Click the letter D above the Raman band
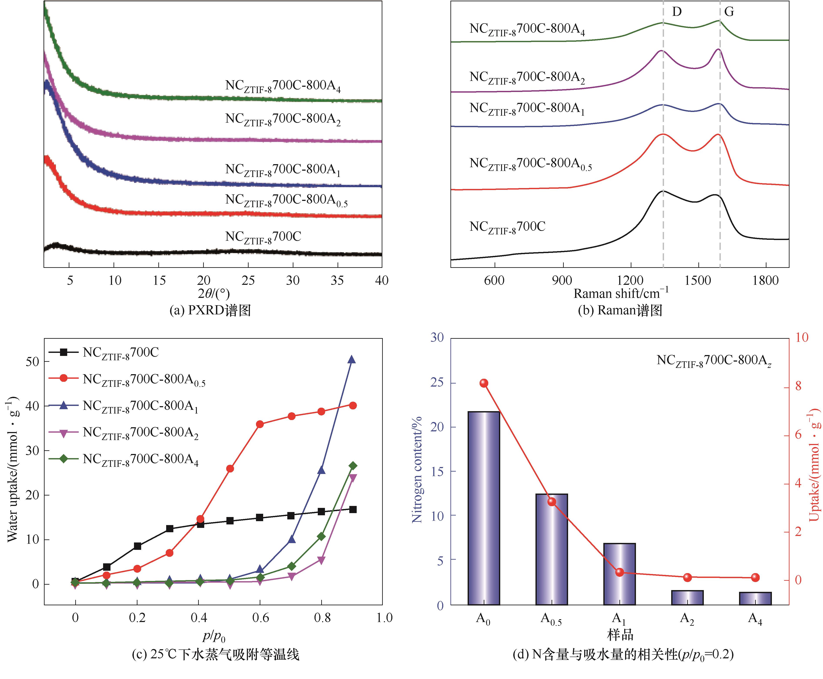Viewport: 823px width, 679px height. pos(677,12)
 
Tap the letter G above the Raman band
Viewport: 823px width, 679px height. pos(729,12)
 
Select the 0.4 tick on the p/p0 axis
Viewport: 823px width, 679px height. pos(199,618)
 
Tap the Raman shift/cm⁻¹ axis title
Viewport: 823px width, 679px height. pos(621,293)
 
